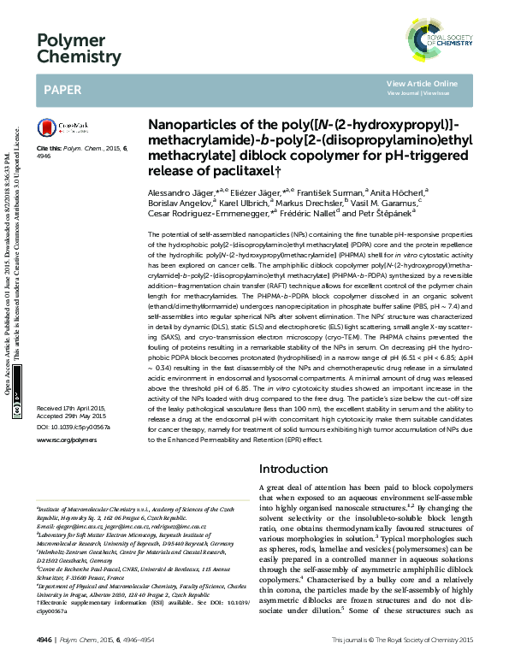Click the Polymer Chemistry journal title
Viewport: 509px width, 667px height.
pos(78,48)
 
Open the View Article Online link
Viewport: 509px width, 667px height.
pos(422,83)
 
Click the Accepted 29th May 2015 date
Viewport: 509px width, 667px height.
pos(74,416)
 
